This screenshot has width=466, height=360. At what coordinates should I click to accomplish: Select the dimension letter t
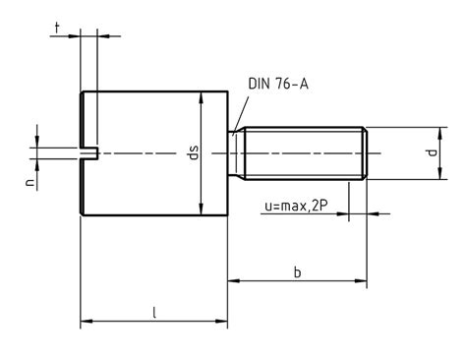pos(58,30)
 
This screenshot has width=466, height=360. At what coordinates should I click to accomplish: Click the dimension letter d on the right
pos(429,153)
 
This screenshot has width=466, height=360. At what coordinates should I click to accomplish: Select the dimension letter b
pos(296,270)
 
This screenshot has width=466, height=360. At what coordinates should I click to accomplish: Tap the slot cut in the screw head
pos(88,152)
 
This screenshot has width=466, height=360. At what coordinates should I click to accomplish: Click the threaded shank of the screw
pos(305,152)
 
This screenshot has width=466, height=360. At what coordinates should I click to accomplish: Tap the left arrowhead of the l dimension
pos(85,321)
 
